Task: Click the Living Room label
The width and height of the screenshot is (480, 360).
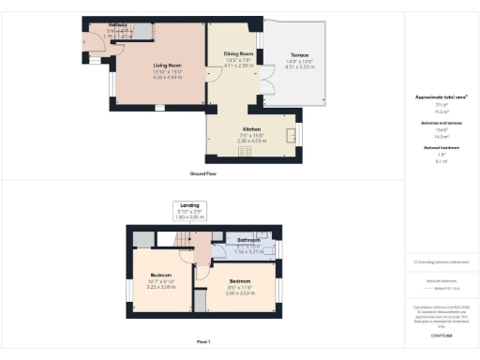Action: pyautogui.click(x=167, y=65)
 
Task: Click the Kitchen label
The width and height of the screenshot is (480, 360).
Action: pyautogui.click(x=250, y=129)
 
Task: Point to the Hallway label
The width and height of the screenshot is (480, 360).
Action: pyautogui.click(x=118, y=25)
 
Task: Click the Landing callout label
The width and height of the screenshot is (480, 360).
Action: pyautogui.click(x=190, y=204)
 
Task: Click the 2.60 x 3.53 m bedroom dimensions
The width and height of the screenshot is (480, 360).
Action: pyautogui.click(x=241, y=292)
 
